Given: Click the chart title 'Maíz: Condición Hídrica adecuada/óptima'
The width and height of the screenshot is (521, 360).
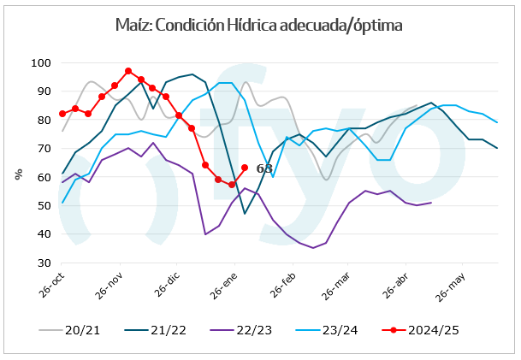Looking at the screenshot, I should click(258, 25).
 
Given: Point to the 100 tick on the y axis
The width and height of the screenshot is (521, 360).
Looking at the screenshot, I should click(40, 63).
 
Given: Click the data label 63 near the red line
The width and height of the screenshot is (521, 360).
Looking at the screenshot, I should click(264, 168).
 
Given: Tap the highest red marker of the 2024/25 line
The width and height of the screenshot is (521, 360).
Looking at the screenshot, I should click(128, 71).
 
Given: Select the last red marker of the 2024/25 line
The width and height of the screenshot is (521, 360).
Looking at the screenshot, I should click(245, 168).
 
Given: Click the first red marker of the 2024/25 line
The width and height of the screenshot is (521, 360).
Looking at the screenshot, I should click(62, 114).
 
